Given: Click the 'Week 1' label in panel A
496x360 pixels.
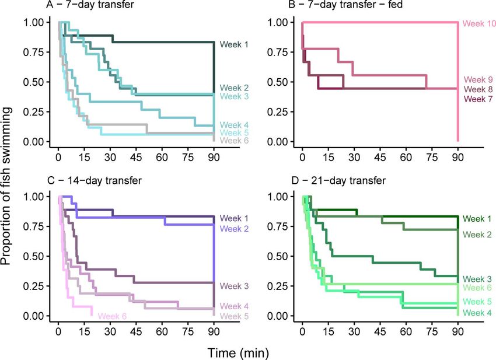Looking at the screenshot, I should coord(232,44).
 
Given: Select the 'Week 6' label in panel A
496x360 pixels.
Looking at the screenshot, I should coord(232,140).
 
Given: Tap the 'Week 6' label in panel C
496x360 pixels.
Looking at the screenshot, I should coord(111,316).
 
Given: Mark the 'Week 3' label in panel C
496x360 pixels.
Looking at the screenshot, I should coord(232,286).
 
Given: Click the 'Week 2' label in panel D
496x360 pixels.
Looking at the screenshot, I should coord(477,235).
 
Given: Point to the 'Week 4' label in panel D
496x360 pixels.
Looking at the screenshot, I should coord(477,313).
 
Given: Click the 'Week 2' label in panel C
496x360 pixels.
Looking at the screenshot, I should coord(232,228).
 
